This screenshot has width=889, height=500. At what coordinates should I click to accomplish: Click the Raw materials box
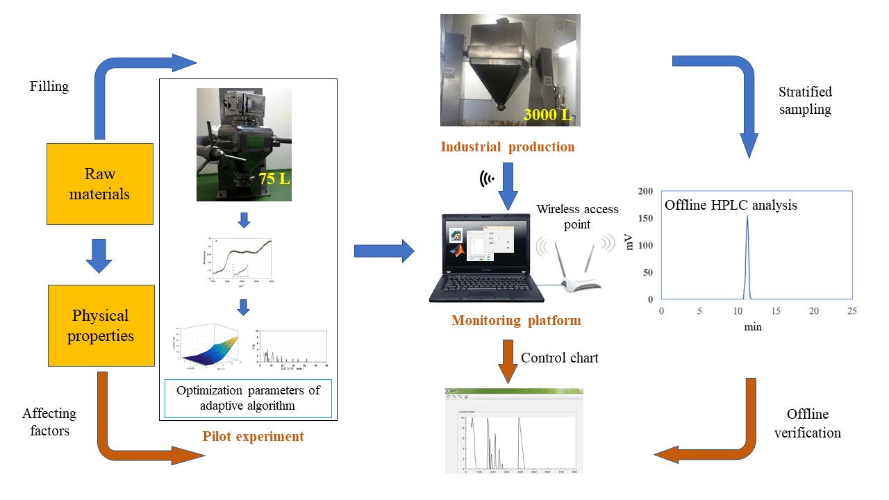[x=100, y=184]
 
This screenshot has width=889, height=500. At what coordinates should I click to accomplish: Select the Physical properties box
[x=100, y=326]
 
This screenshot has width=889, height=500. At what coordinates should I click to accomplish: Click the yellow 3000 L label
[x=548, y=114]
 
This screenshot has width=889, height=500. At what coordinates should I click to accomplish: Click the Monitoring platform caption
[x=515, y=321]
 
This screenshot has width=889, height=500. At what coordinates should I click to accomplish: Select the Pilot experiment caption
[x=253, y=437]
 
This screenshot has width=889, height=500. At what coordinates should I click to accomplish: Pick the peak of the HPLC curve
[x=747, y=217]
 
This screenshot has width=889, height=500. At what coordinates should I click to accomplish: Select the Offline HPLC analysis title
[x=731, y=205]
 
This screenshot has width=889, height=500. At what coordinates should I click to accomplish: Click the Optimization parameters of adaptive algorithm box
[x=248, y=398]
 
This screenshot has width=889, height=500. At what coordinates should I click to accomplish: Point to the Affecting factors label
[x=49, y=422]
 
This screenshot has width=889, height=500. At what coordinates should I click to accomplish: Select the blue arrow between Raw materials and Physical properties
[x=99, y=255]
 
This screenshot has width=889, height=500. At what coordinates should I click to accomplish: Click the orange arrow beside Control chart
[x=508, y=361]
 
